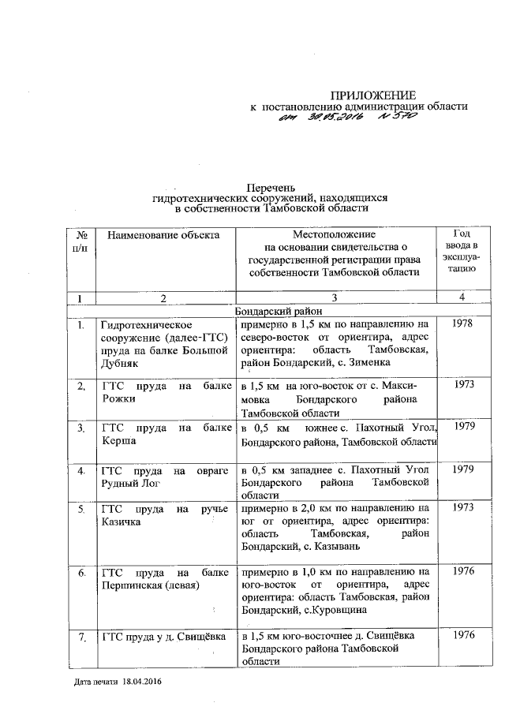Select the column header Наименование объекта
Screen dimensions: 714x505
163,234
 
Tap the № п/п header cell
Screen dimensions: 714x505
80,241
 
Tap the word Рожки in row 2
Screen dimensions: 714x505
118,398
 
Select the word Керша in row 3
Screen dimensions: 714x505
118,441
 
